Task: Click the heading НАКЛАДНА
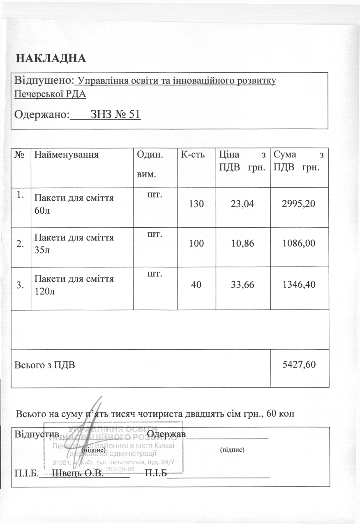click(51, 58)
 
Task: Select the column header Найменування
click(67, 155)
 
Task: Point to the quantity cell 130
click(196, 203)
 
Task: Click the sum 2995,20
click(299, 203)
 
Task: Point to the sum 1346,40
click(299, 284)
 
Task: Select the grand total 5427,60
click(299, 364)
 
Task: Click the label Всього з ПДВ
click(45, 365)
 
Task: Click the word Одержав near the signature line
click(166, 434)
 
